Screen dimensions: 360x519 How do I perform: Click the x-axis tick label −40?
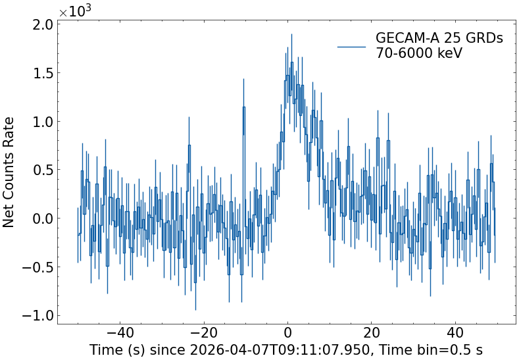120,332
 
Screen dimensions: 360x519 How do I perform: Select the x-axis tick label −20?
204,332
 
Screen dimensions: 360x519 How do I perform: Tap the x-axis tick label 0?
287,332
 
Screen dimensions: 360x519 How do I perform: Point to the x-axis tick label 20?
372,332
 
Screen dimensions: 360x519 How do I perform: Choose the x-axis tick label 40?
455,332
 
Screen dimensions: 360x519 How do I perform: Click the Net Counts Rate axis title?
9,172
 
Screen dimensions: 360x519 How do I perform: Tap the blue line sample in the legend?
351,47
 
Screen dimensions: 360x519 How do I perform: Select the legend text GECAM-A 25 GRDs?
439,39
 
